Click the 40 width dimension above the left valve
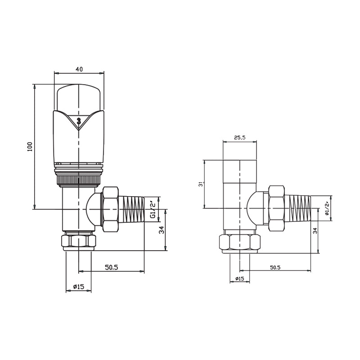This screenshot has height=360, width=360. [79, 69]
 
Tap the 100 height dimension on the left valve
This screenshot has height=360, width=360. [30, 146]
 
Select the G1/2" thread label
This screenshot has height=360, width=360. [153, 210]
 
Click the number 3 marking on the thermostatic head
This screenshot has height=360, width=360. [79, 121]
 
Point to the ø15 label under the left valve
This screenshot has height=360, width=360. [79, 287]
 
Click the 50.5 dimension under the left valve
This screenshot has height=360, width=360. [111, 267]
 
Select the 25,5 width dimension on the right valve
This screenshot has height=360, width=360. [240, 138]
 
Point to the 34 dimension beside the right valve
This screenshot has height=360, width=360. [315, 230]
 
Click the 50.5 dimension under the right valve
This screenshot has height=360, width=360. [275, 267]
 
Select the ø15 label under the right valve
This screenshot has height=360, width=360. [240, 279]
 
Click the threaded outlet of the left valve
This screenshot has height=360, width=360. [130, 210]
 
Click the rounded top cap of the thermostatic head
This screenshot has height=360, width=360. [79, 97]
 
